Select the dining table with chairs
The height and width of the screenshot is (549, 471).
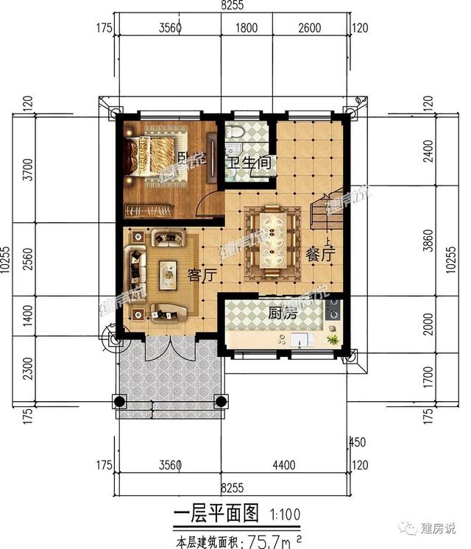point(272,242)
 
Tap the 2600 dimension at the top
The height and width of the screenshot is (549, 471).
point(311,29)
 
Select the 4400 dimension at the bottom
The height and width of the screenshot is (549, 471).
point(284,465)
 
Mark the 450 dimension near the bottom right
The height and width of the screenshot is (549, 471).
point(358,442)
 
